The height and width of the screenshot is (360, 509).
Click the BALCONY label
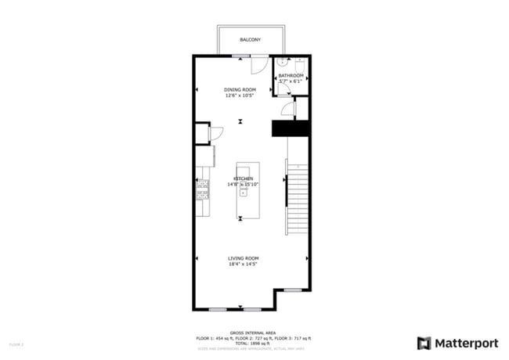[251, 39]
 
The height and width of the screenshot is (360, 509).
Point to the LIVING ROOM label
[244, 258]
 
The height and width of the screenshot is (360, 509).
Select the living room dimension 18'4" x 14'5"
[244, 265]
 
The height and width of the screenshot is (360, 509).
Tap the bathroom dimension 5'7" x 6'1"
[291, 81]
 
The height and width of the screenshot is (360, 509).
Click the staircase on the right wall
[298, 192]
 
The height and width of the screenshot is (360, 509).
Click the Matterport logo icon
[424, 342]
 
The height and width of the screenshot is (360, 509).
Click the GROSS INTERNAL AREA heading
[254, 333]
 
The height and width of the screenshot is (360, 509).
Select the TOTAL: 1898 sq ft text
[254, 343]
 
